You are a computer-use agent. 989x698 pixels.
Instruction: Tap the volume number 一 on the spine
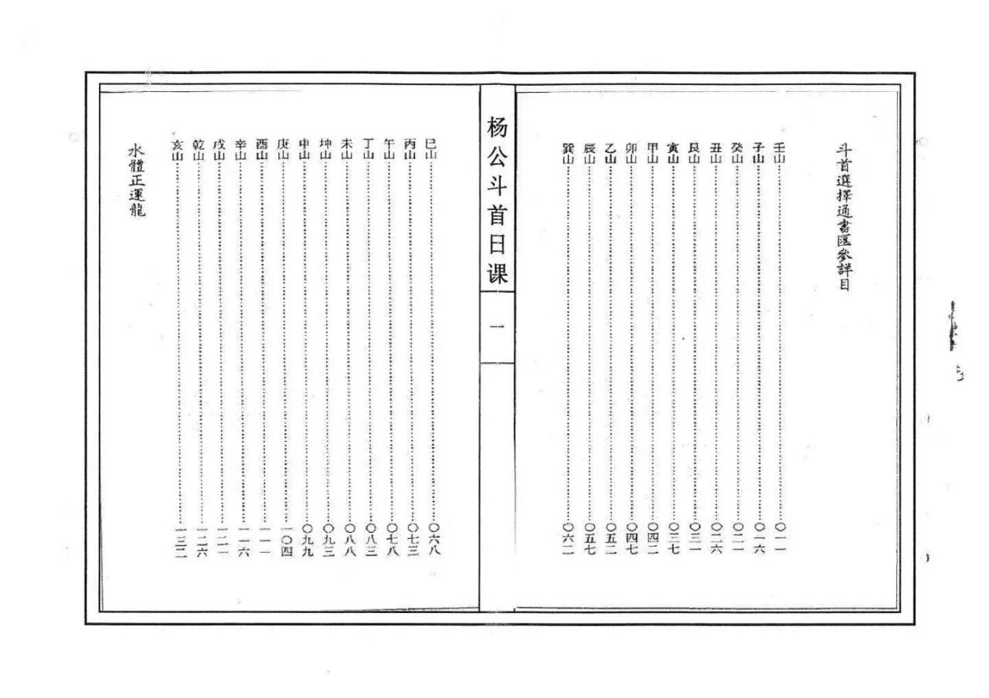tap(497, 327)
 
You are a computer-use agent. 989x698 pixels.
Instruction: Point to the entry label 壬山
tap(779, 152)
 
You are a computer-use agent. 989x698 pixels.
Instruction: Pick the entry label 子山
tap(758, 152)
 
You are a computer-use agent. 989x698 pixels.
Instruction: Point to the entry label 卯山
tap(631, 152)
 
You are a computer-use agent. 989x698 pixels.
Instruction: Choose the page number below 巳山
tap(433, 540)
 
